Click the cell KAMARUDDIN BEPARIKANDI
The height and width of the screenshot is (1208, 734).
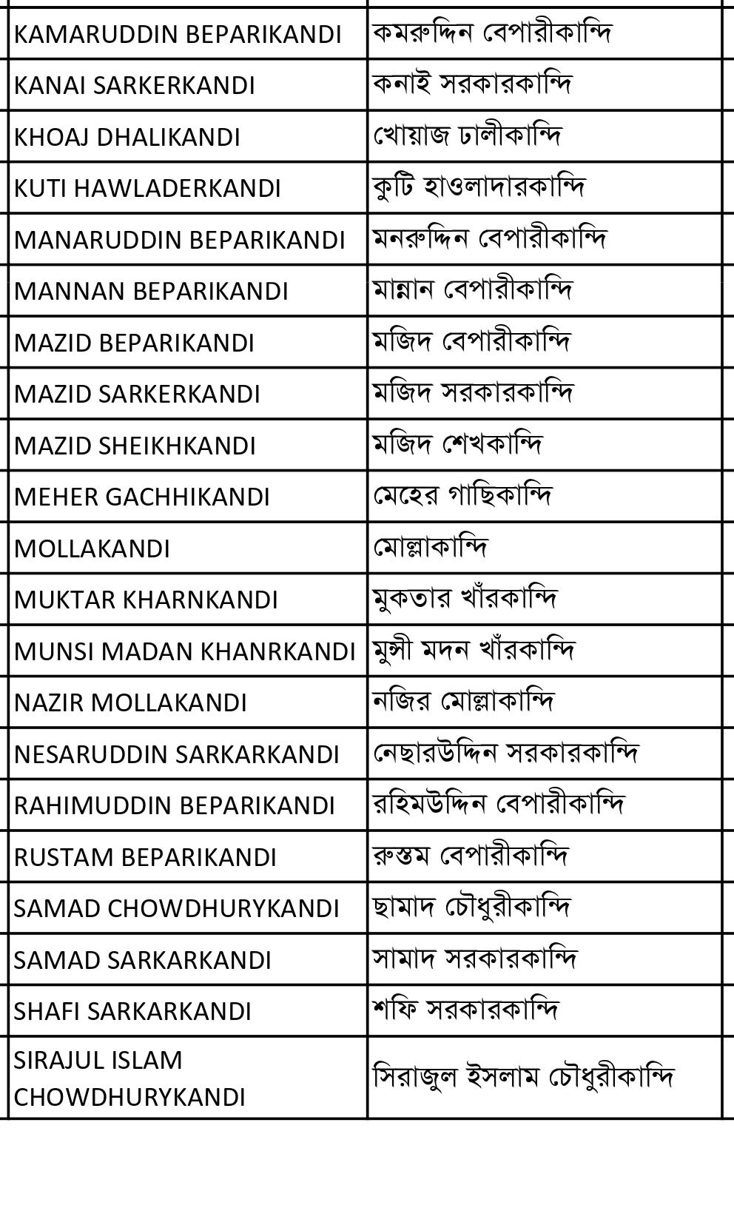[x=178, y=35]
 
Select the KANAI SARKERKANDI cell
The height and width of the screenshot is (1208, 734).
[x=134, y=86]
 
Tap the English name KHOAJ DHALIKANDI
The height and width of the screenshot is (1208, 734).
[x=127, y=138]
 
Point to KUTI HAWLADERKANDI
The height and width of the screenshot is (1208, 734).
[x=147, y=189]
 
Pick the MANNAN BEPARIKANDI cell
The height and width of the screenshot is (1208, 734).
[x=151, y=292]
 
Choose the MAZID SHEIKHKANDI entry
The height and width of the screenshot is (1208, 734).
[x=135, y=446]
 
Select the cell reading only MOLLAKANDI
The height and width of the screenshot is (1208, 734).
[x=92, y=549]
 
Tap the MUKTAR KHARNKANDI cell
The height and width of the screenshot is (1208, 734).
[x=146, y=600]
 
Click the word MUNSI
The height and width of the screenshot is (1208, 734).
[x=54, y=652]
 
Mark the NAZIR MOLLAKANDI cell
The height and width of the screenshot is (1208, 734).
[x=130, y=703]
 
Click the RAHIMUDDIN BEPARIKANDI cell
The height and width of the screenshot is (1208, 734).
[x=175, y=806]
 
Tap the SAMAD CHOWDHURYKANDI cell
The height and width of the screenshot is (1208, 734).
[x=176, y=909]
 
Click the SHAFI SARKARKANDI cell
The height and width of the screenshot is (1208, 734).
[x=132, y=1012]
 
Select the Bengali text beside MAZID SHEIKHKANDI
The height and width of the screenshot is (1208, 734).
[x=457, y=445]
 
